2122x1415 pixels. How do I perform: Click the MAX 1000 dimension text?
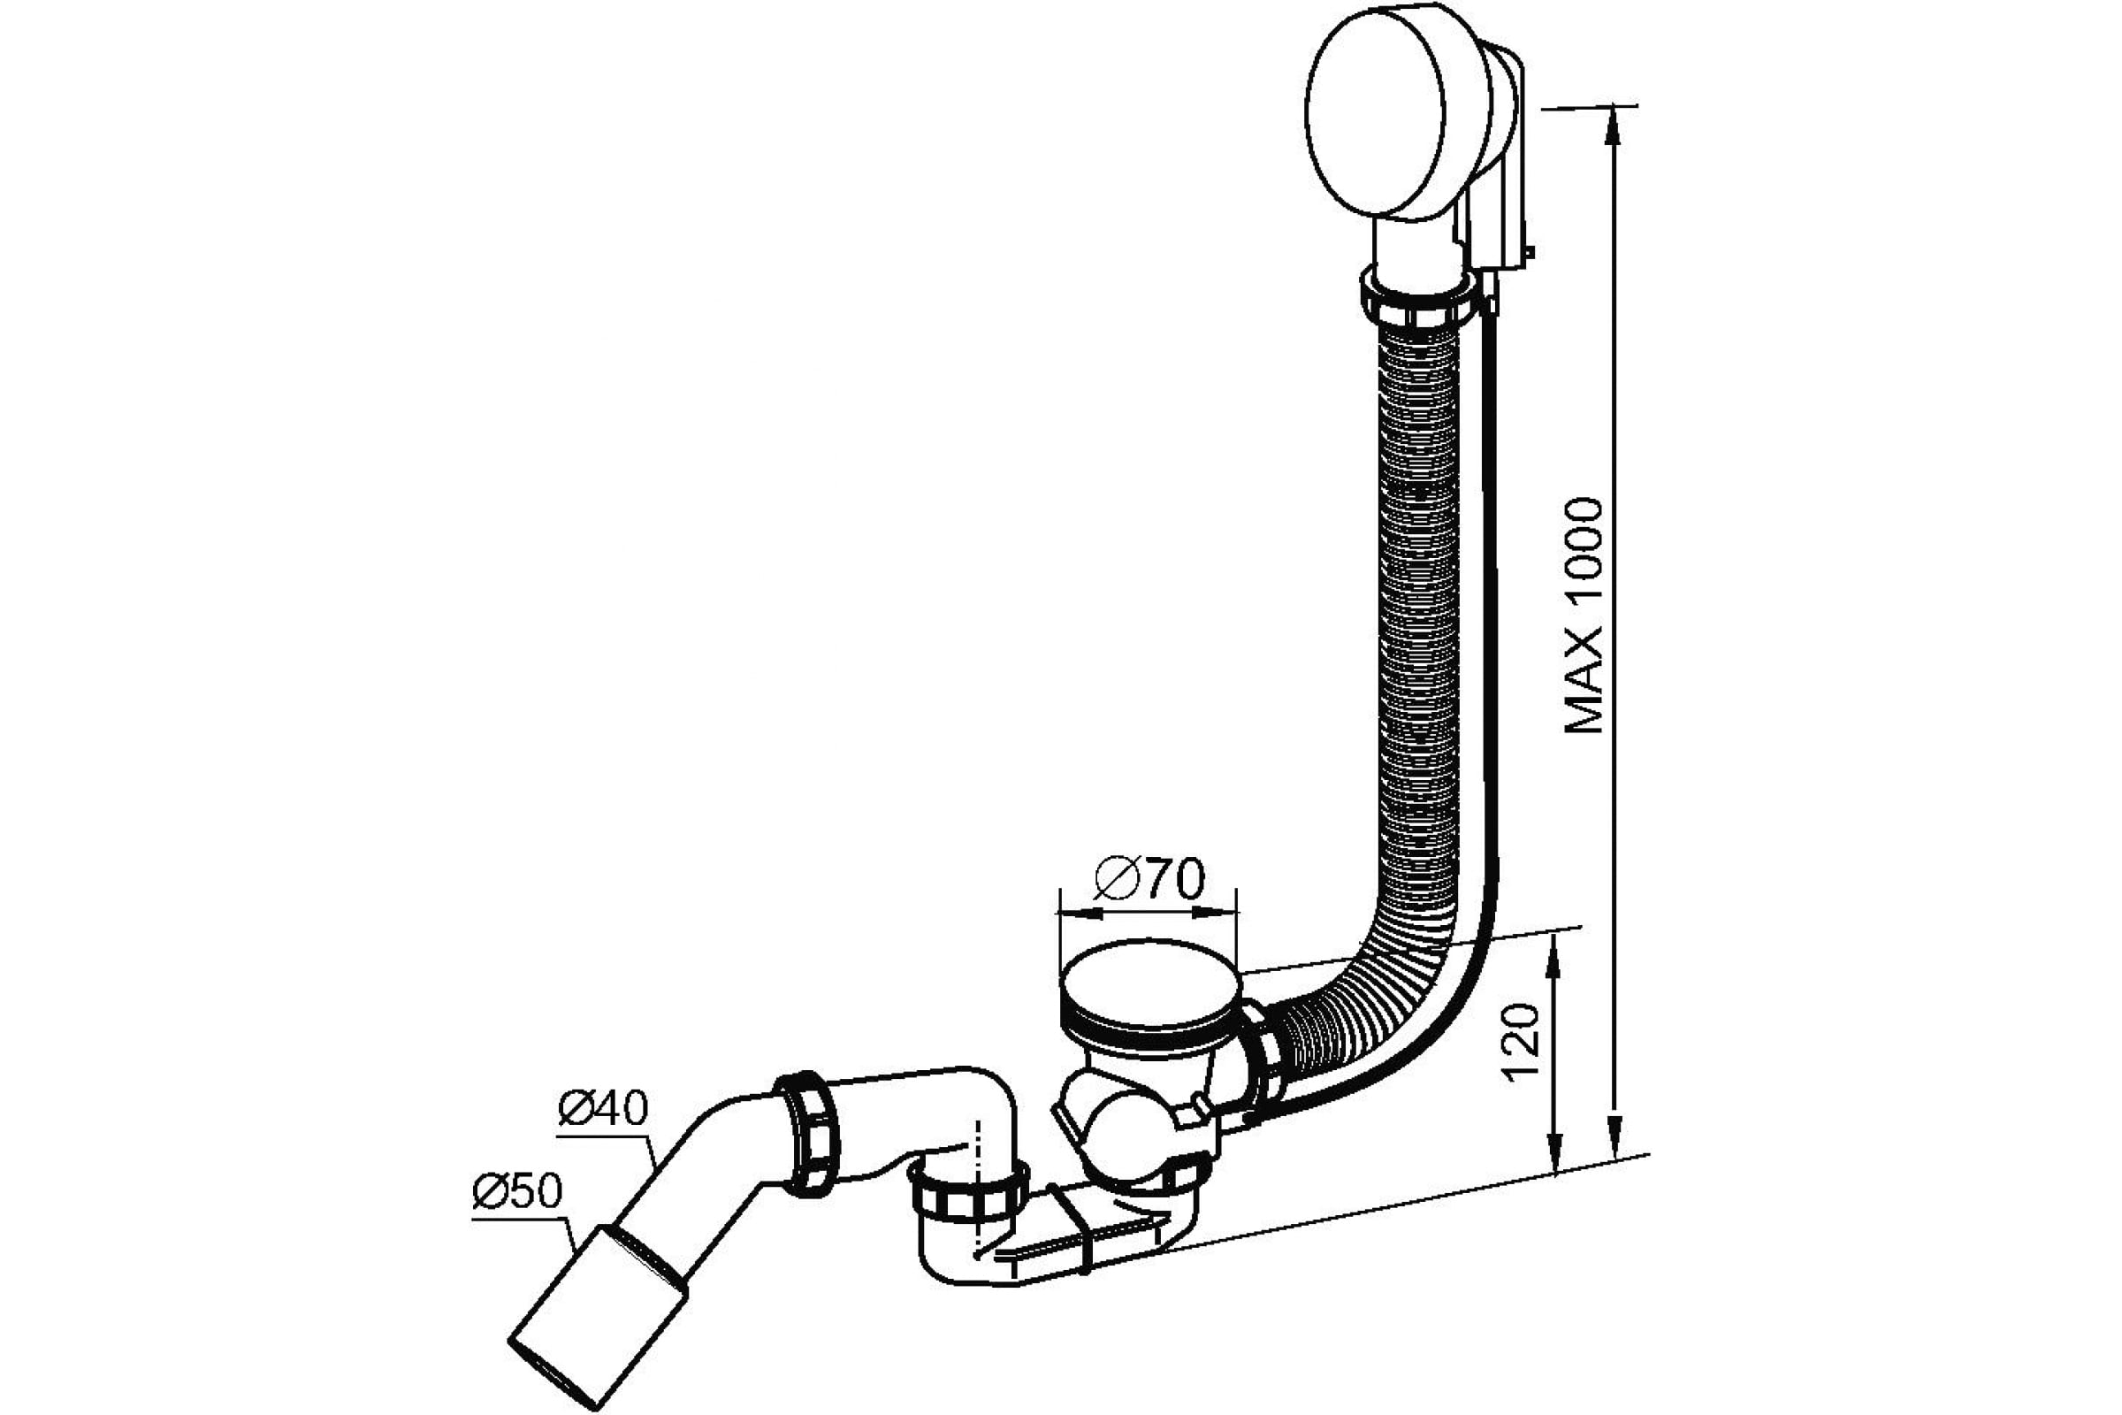point(1584,616)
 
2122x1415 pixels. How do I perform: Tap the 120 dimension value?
point(1523,1044)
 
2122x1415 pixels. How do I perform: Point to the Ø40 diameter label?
point(604,1108)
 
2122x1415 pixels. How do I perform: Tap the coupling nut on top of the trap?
point(968,1189)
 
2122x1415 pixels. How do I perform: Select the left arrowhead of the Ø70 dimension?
point(1079,913)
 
